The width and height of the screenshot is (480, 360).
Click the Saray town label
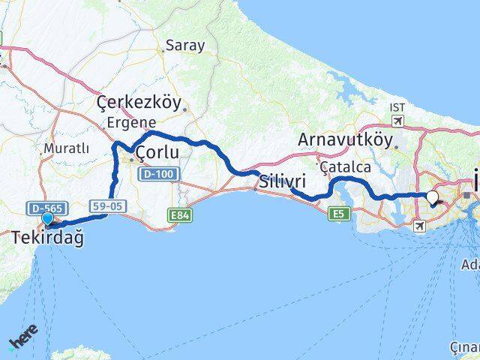pyautogui.click(x=186, y=45)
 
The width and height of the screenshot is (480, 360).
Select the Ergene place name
pyautogui.click(x=130, y=122)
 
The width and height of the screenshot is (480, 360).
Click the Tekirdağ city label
pyautogui.click(x=47, y=238)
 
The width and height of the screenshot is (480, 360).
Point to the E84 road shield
pyautogui.click(x=178, y=215)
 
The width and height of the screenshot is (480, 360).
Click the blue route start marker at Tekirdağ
pyautogui.click(x=49, y=219)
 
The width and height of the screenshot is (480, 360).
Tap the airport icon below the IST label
pyautogui.click(x=397, y=121)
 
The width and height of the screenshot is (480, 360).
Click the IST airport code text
pyautogui.click(x=397, y=107)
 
